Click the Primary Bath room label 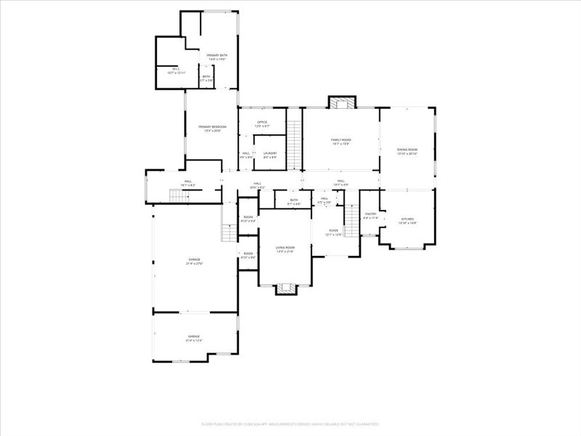(216, 57)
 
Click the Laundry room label (270, 155)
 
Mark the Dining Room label (407, 152)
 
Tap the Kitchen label (407, 221)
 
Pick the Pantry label (370, 216)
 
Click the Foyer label (333, 233)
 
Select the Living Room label (285, 249)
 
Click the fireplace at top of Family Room (341, 102)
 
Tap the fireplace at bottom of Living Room (285, 288)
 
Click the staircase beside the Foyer (352, 221)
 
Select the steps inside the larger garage (229, 232)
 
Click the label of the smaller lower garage (194, 338)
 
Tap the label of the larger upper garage (194, 261)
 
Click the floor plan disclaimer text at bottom (290, 424)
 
